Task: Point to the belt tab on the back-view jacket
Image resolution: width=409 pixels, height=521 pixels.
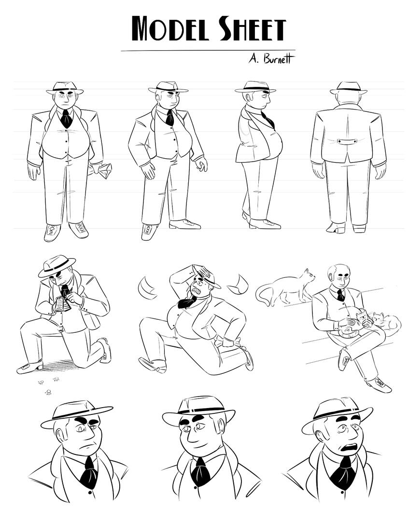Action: click(x=347, y=141)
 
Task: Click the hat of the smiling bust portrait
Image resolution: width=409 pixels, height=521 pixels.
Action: click(x=198, y=409)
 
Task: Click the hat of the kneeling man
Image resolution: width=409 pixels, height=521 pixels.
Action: click(x=56, y=265)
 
